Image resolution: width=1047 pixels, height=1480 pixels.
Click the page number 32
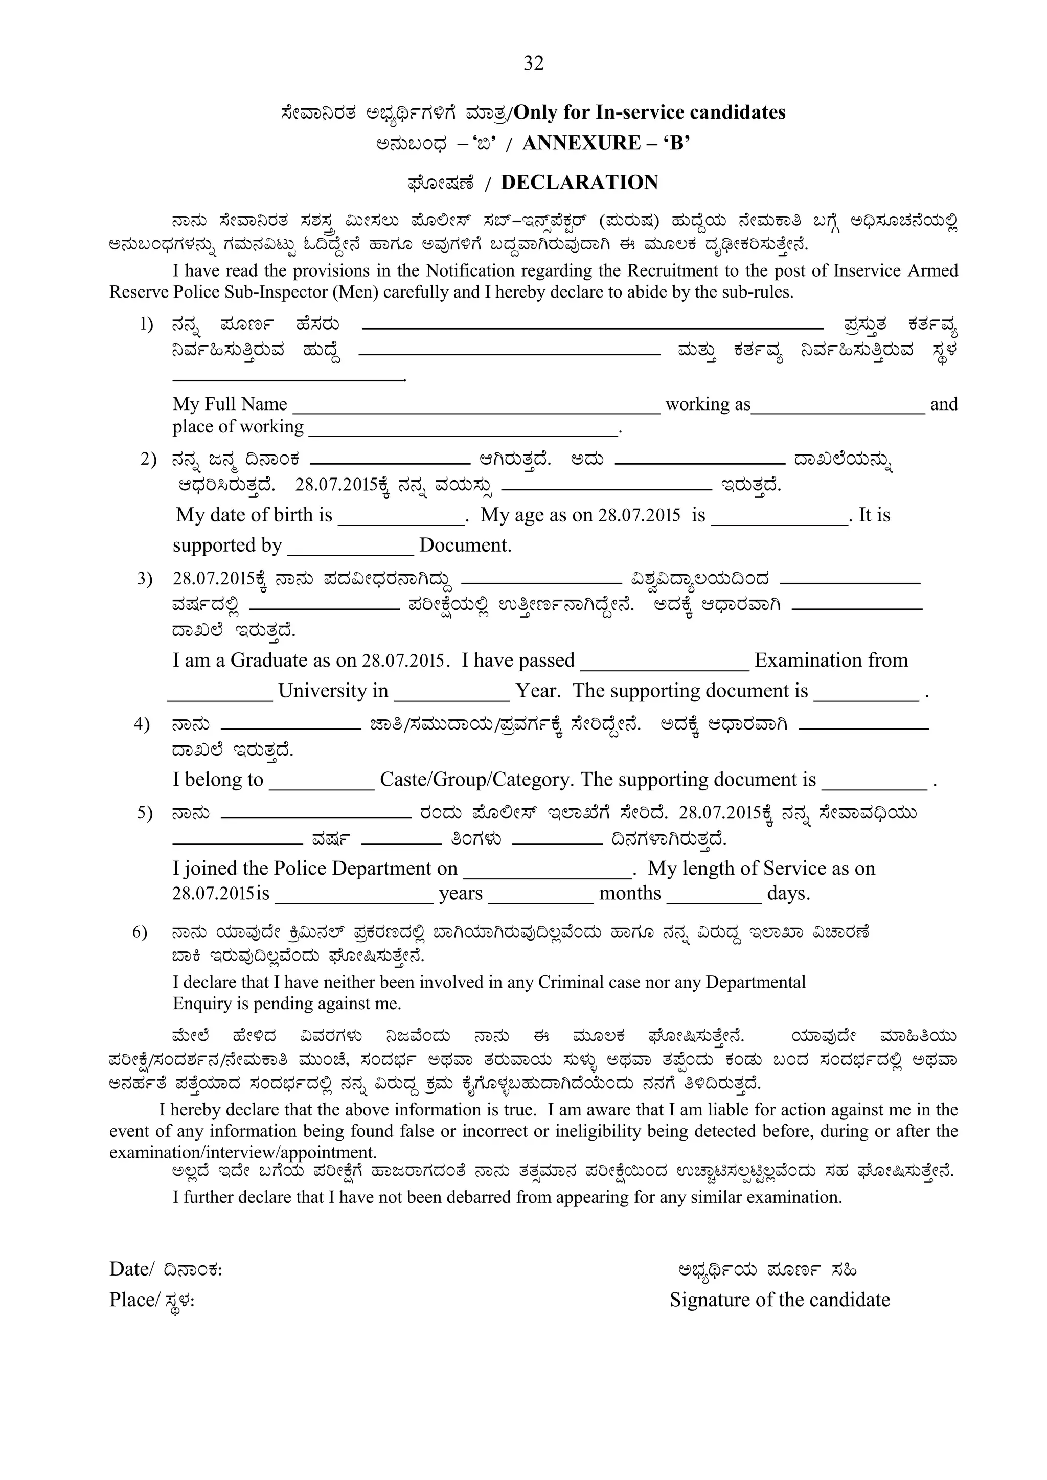(533, 63)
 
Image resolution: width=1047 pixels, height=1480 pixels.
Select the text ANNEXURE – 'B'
(605, 143)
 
